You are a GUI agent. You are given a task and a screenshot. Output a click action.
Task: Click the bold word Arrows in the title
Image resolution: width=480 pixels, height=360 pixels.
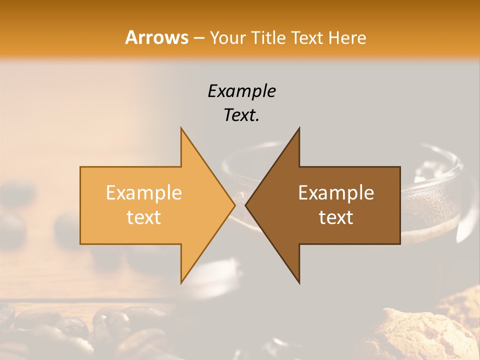click(x=156, y=37)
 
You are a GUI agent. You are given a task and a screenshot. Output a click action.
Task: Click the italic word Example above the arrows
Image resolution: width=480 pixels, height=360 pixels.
click(x=242, y=91)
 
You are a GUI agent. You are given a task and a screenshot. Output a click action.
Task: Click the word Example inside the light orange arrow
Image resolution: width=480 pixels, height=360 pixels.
click(x=144, y=192)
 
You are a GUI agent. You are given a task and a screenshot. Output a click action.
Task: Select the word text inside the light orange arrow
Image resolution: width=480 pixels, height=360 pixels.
click(x=144, y=217)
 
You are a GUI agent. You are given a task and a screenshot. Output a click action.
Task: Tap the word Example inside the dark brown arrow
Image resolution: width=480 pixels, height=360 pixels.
click(x=336, y=192)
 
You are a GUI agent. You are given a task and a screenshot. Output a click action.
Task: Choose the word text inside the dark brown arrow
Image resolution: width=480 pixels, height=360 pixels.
click(x=336, y=217)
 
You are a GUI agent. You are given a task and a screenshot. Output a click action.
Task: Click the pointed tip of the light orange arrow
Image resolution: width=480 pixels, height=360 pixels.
click(x=234, y=205)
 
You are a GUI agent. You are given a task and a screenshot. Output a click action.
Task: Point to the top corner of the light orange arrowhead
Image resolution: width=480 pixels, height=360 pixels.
click(x=181, y=128)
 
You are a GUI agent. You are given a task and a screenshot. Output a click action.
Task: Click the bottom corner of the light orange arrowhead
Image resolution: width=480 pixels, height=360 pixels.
click(x=181, y=282)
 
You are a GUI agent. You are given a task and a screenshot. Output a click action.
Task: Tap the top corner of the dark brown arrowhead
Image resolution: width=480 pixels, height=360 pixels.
click(x=299, y=128)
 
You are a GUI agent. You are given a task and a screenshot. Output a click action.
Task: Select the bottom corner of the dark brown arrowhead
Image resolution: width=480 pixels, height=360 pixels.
click(x=299, y=282)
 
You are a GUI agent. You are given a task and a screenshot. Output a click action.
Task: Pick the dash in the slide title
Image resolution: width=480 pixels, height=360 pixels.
click(x=198, y=38)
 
